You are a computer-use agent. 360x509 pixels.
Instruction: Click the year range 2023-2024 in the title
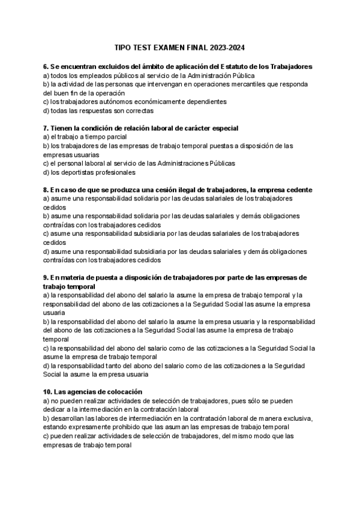pos(227,48)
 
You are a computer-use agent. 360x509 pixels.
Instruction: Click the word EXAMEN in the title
pos(169,48)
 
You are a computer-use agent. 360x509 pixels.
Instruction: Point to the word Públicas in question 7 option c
pos(220,163)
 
